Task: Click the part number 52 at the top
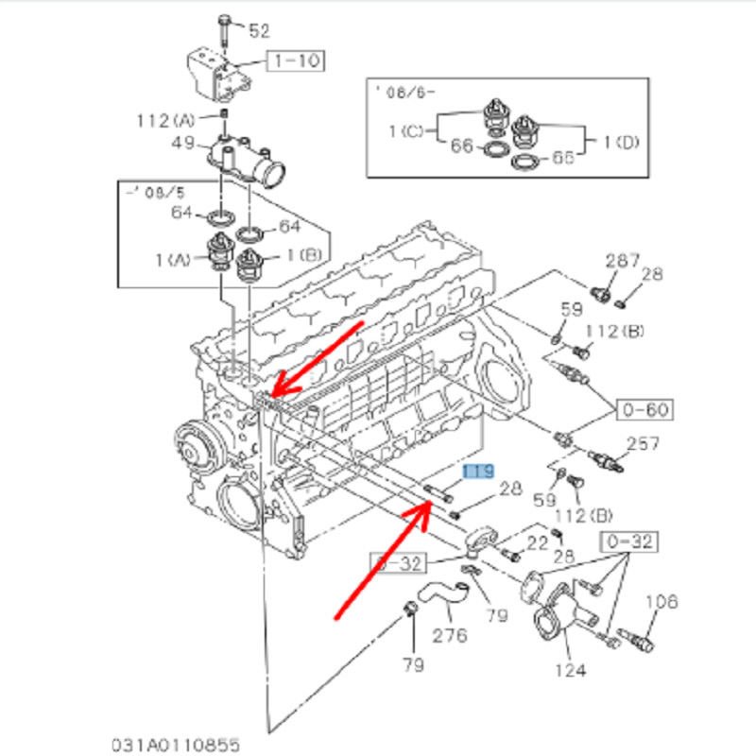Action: point(259,30)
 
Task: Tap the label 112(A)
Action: point(166,120)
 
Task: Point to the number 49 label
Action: point(182,144)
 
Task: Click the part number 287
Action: point(622,260)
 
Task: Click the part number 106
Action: point(661,602)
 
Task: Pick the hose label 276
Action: point(449,635)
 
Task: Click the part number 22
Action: point(537,542)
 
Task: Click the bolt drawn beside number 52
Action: point(222,31)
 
